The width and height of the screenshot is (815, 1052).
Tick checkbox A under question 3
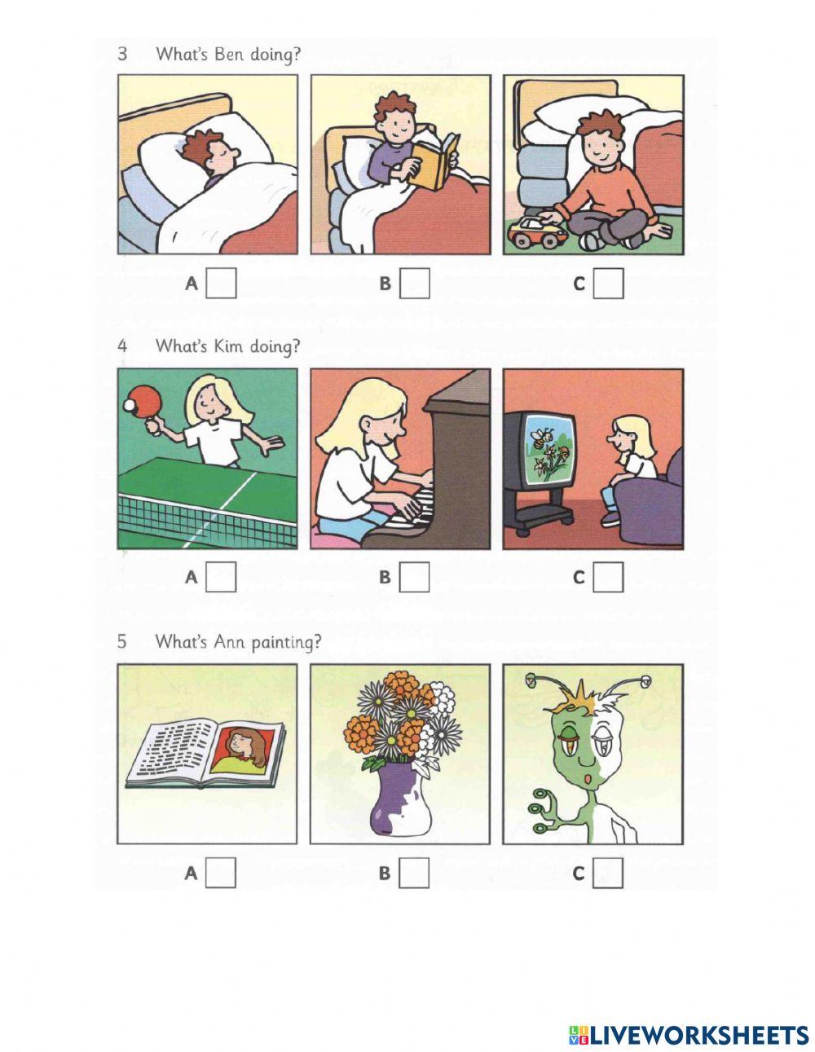221,284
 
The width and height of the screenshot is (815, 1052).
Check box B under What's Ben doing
415,284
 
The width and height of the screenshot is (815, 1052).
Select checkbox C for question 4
608,578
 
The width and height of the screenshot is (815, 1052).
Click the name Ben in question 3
228,55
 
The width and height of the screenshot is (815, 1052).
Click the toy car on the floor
537,231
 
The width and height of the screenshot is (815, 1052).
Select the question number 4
122,346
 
